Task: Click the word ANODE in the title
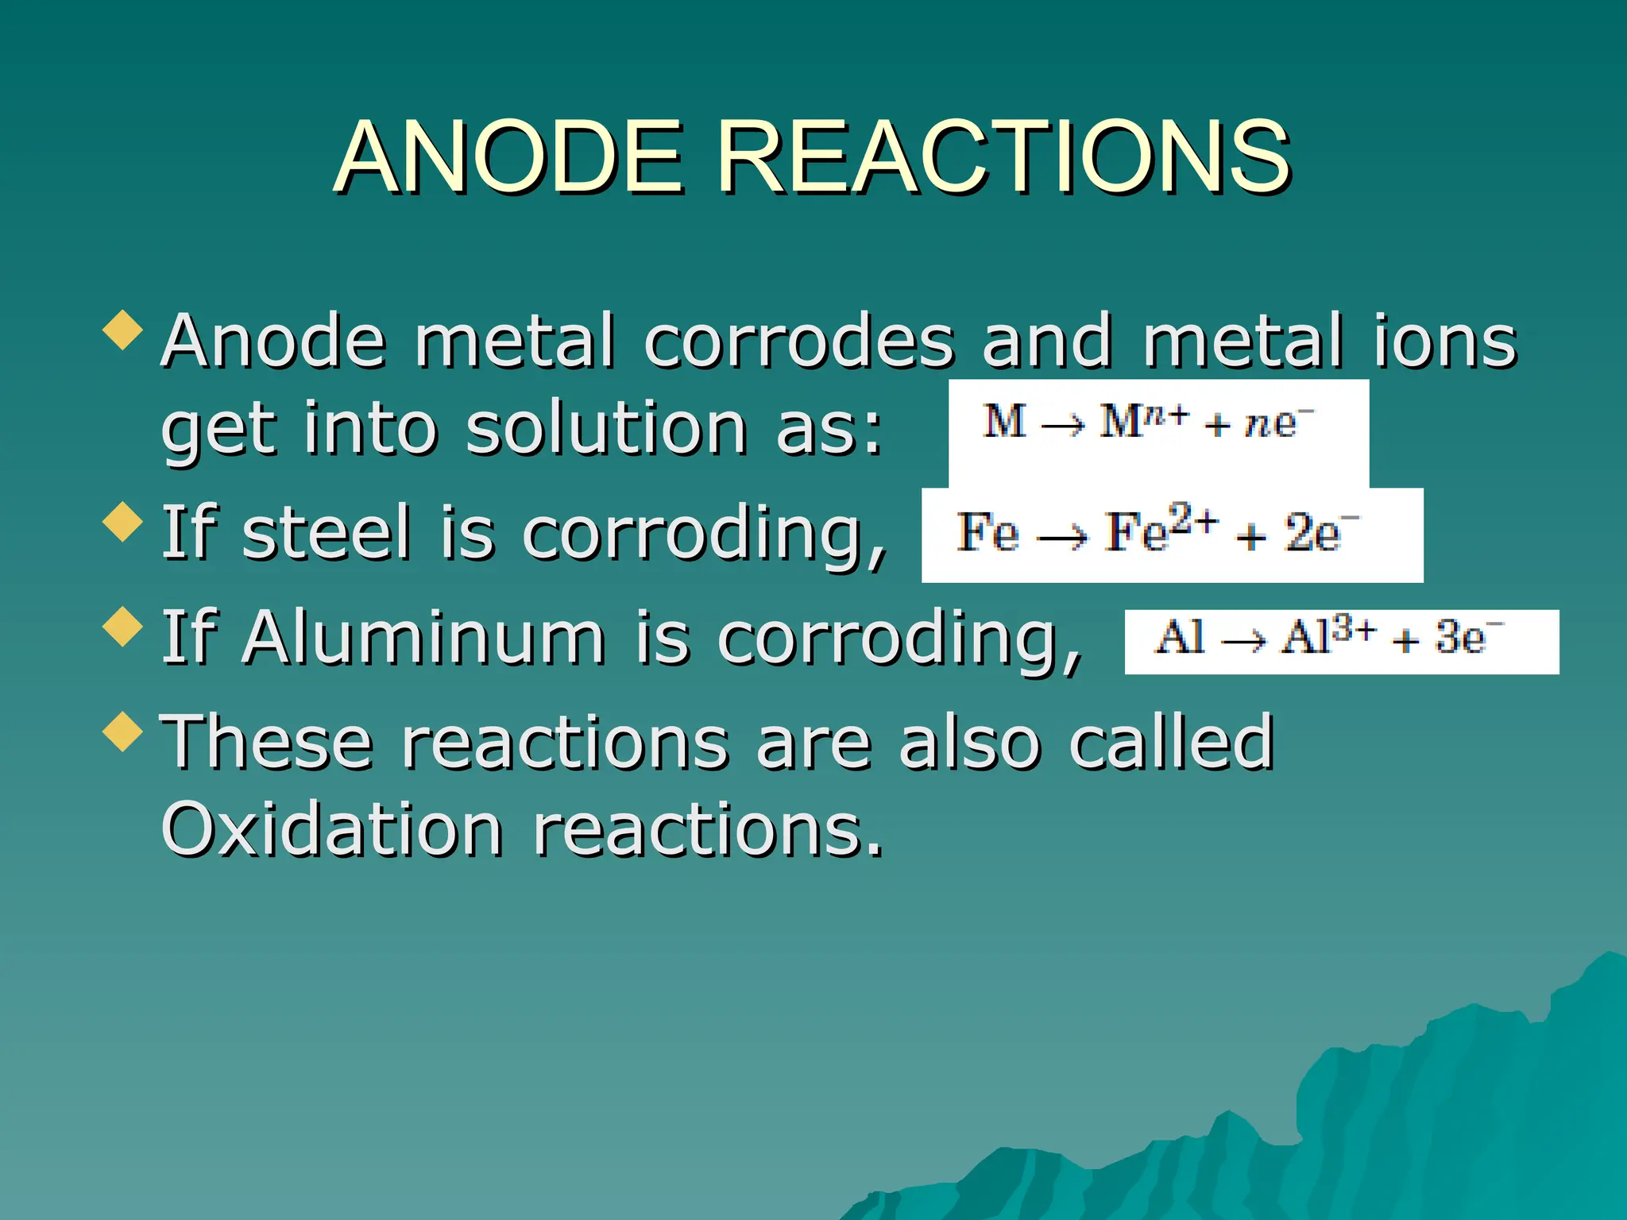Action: click(509, 156)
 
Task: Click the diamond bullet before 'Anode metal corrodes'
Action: click(123, 330)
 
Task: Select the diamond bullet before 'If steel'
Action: click(123, 522)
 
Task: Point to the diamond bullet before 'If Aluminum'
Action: click(123, 627)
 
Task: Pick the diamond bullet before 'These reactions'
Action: click(123, 731)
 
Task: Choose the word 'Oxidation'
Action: click(331, 829)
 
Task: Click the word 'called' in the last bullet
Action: click(1171, 743)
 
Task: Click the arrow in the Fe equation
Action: click(1062, 539)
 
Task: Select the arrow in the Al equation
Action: click(1243, 640)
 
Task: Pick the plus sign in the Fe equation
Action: click(1250, 538)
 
